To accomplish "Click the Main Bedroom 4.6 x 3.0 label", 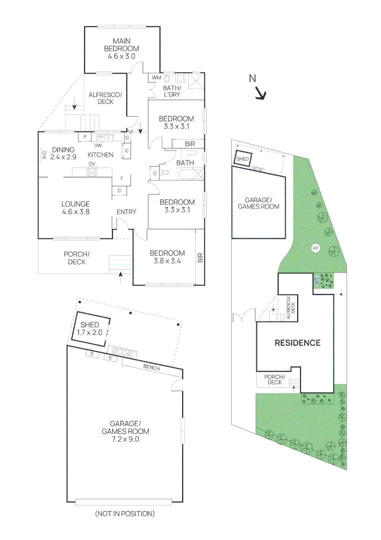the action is tap(121, 48).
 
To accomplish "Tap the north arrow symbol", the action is tap(261, 93).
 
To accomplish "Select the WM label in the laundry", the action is tap(156, 78).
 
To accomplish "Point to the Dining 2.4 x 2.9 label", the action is tap(63, 153).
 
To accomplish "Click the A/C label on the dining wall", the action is tap(44, 154).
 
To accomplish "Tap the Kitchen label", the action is tap(100, 155).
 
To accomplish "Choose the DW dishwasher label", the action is tap(98, 145).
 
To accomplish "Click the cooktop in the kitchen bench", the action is tap(92, 171).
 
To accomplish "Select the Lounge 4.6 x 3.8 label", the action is tap(75, 208).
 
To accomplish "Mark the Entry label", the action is tap(126, 212).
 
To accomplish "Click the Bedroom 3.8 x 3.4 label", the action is tap(167, 257).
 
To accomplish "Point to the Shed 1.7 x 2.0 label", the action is tap(90, 328).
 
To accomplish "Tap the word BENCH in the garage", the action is tap(152, 367).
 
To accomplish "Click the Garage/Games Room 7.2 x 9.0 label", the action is tap(125, 431).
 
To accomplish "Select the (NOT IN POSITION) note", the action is tap(125, 513).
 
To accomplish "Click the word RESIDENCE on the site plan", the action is tap(298, 342).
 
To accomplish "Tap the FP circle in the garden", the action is tap(315, 248).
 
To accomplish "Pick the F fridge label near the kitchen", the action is tap(122, 178).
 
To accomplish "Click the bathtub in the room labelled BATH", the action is tap(191, 174).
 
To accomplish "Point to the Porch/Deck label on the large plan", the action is tap(77, 258).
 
